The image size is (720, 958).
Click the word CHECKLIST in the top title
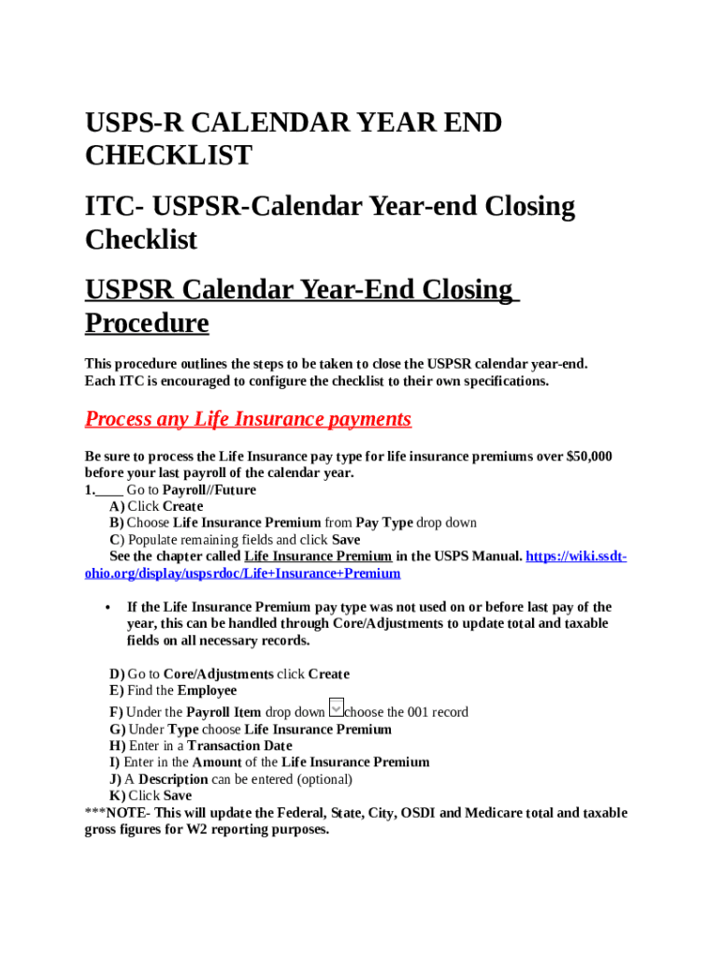168,155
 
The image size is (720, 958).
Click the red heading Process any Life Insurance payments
248,419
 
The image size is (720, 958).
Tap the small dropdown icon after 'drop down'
337,708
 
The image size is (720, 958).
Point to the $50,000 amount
589,457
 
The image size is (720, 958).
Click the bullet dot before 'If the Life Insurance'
109,607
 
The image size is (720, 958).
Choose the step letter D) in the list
117,675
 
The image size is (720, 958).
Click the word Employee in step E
207,691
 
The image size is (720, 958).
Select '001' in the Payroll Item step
418,713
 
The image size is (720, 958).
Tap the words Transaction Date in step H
239,747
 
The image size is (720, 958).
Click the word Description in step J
173,779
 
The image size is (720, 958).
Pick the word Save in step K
178,796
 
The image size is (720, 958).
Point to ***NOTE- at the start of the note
117,813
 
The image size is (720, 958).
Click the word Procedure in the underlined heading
147,323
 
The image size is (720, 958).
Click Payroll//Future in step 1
209,490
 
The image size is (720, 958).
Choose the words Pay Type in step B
383,523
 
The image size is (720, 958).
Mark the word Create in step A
182,506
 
